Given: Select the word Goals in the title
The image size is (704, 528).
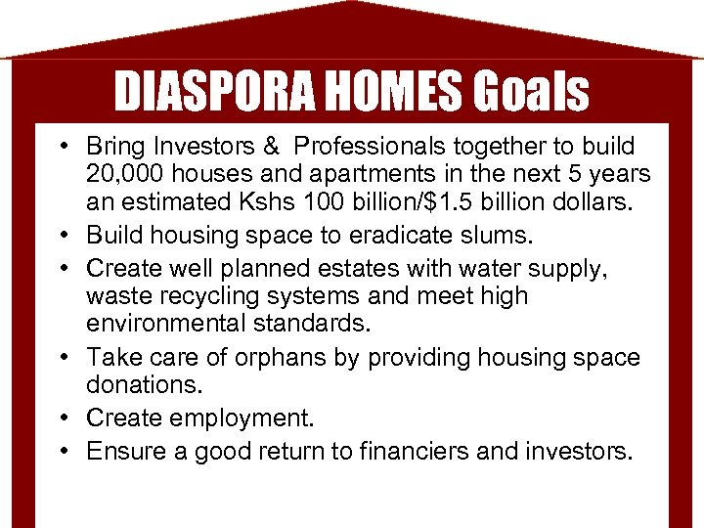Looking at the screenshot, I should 532,92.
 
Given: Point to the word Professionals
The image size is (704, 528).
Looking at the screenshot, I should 376,147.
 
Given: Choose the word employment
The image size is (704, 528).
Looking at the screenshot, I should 242,418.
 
